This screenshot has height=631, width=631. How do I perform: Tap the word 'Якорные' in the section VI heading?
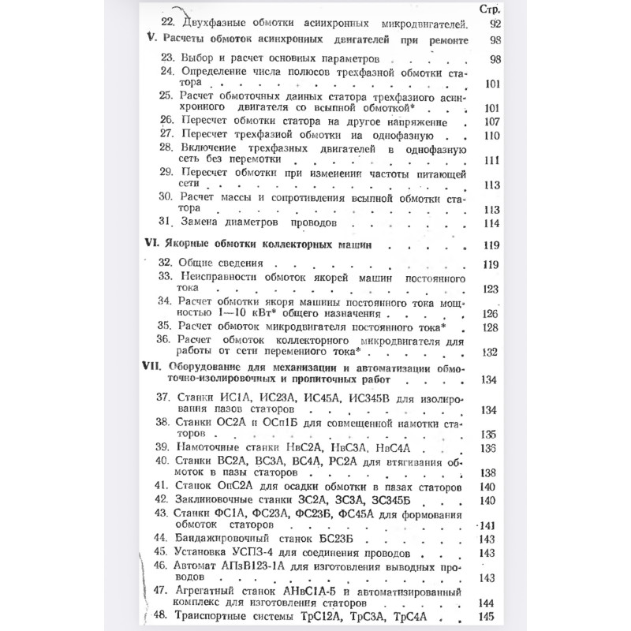193,245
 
